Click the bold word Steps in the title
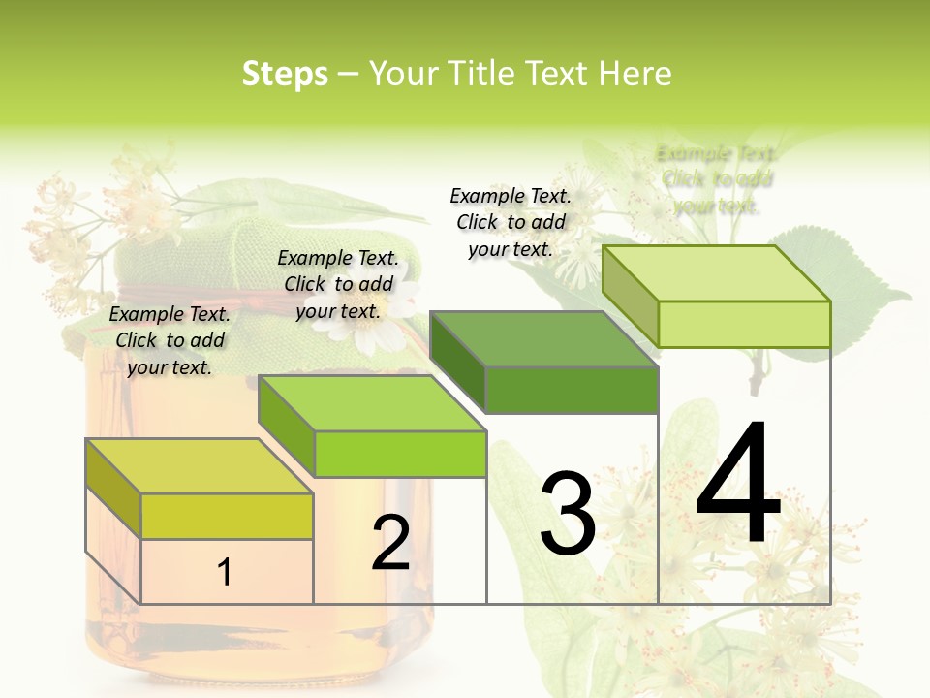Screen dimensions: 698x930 tap(285, 74)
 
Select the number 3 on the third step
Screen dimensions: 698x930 tap(567, 514)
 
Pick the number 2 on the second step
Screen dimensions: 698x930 tap(390, 543)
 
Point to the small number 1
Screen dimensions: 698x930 tap(225, 572)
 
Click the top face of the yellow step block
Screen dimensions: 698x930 tap(199, 466)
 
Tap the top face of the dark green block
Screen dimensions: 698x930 tap(542, 340)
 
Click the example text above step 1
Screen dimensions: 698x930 tap(170, 340)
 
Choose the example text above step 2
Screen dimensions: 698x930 tap(338, 284)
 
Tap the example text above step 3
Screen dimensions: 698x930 tap(511, 222)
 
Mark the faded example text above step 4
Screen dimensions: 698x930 tap(717, 179)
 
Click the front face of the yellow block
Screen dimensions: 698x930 tap(227, 516)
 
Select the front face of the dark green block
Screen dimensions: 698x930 tap(572, 390)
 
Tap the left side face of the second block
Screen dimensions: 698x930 tap(287, 437)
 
